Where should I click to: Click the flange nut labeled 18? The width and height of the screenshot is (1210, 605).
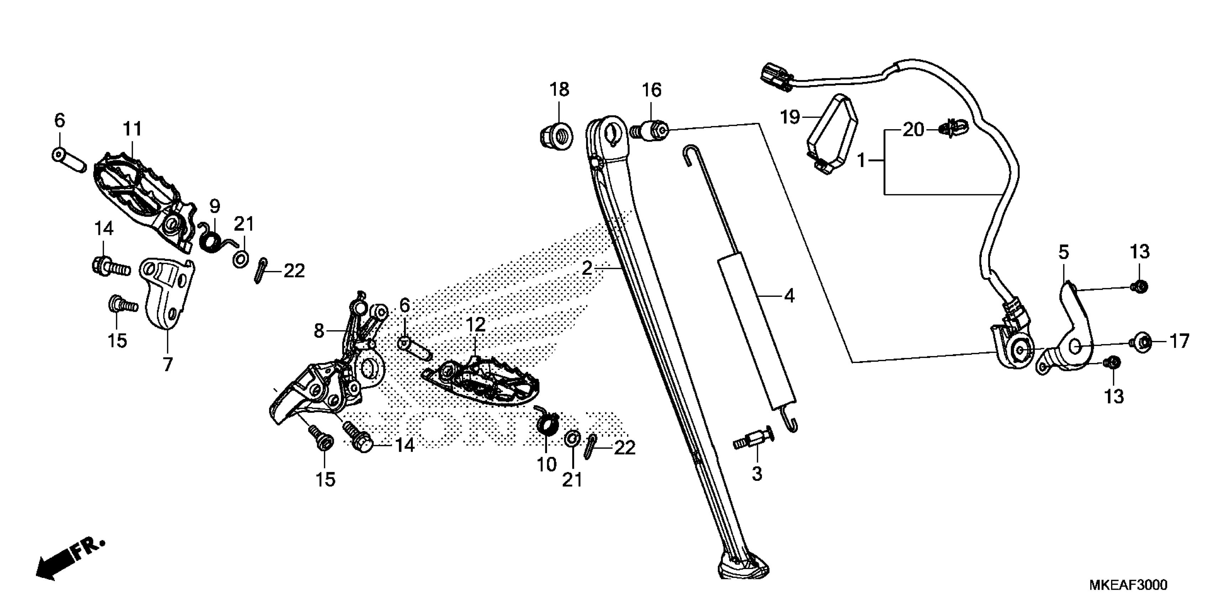coord(555,136)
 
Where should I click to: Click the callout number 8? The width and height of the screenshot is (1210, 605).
coord(319,331)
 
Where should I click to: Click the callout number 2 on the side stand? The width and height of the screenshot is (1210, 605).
coord(587,268)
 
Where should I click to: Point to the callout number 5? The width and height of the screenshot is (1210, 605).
coord(1063,253)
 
